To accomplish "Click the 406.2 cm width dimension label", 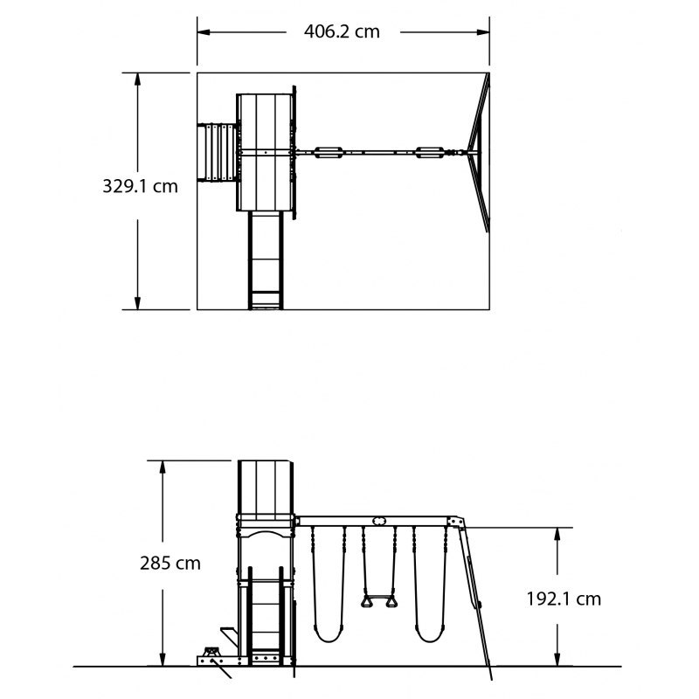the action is [x=342, y=31].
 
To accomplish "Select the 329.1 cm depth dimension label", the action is [x=140, y=186].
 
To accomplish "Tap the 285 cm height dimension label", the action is [x=170, y=563].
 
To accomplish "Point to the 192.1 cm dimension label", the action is [x=564, y=599].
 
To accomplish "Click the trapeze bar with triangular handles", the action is [x=378, y=599].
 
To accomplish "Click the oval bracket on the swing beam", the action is [x=378, y=521].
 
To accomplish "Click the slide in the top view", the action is [x=266, y=260].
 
